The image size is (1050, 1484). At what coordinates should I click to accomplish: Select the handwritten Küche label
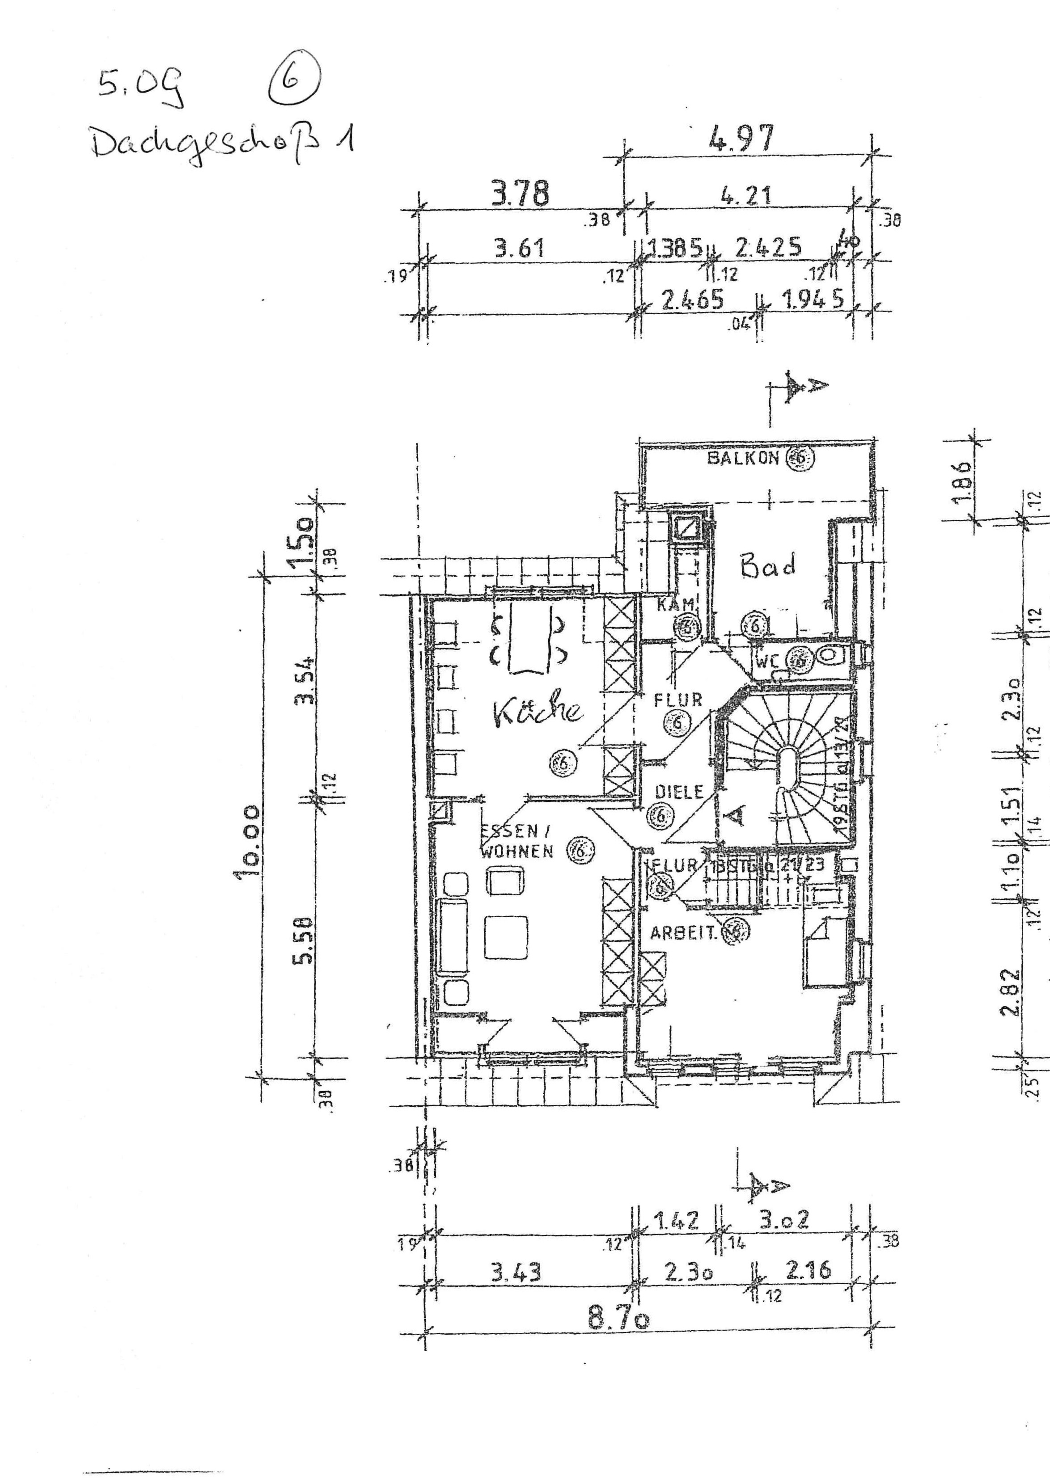tap(537, 711)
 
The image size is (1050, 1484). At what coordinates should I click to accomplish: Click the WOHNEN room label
tap(516, 851)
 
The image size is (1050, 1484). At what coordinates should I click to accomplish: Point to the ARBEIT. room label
tap(685, 933)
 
